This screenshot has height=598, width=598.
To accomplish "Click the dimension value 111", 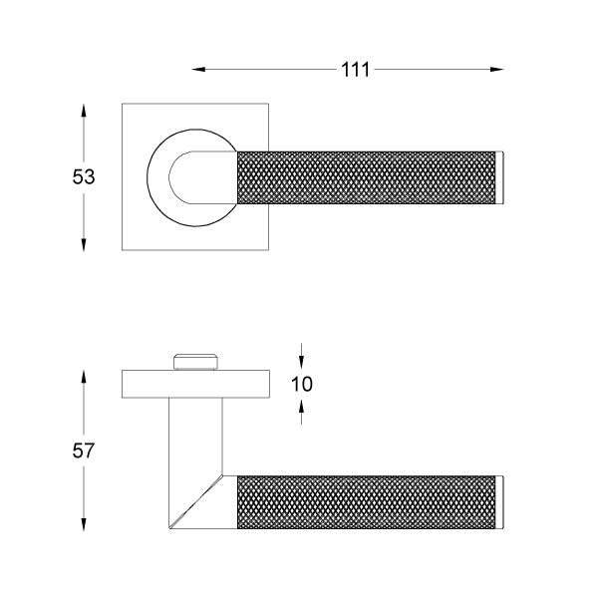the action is click(355, 70).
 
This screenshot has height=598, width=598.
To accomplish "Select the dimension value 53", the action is click(84, 177).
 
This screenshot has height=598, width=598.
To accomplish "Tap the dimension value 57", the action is click(83, 450).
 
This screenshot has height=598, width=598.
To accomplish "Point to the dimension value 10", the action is click(302, 384).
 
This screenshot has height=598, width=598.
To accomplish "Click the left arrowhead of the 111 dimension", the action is click(198, 70).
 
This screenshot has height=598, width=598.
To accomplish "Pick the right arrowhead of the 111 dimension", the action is click(496, 70).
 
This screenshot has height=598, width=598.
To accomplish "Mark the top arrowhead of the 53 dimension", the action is click(84, 111).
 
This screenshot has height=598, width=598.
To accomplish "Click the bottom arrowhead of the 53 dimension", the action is click(84, 245).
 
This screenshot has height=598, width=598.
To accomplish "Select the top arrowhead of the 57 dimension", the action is click(84, 378).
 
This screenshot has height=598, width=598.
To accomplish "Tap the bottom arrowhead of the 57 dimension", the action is click(84, 524).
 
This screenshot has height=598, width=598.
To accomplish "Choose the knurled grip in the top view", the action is click(367, 177).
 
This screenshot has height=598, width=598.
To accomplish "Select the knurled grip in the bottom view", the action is click(367, 502).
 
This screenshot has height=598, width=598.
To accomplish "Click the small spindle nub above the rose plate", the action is click(196, 362).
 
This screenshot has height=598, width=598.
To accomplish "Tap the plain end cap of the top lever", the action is click(500, 177).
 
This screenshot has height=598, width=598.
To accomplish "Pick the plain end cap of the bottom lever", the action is click(500, 502).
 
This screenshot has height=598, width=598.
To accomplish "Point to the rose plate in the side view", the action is click(196, 384).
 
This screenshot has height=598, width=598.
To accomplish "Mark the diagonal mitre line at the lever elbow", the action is click(196, 502).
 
